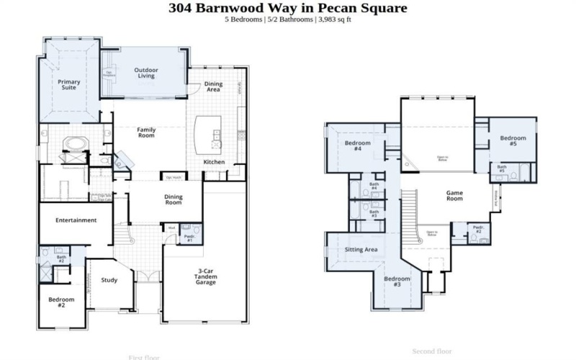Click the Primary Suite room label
tap(68, 86)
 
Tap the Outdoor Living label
tap(146, 73)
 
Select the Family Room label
tap(146, 132)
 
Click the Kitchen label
tap(214, 162)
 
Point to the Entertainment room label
tap(76, 220)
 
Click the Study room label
tap(109, 280)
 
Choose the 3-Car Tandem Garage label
tap(206, 276)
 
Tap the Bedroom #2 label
tap(61, 302)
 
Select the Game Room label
tap(454, 196)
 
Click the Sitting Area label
tap(361, 249)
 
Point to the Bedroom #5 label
tap(513, 140)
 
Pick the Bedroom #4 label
tap(357, 146)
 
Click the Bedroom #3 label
tap(397, 282)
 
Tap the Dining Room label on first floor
tap(174, 199)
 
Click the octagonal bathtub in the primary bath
tap(74, 144)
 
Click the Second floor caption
tap(431, 351)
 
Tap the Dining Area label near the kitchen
tap(213, 87)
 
